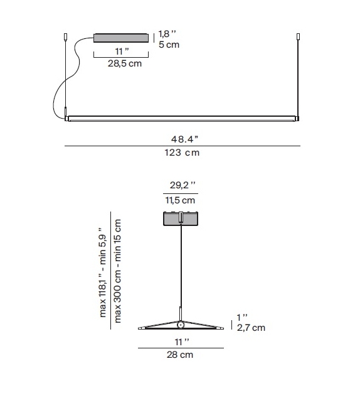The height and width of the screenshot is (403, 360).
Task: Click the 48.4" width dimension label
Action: click(183, 139)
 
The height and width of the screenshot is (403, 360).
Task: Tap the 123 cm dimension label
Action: click(183, 153)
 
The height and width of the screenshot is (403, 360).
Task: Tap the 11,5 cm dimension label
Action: click(181, 201)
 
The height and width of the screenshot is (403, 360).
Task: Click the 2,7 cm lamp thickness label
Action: click(251, 328)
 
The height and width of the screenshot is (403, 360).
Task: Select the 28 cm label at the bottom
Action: click(181, 355)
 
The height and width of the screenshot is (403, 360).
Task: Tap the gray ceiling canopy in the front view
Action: click(122, 38)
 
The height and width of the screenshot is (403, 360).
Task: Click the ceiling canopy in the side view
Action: click(181, 220)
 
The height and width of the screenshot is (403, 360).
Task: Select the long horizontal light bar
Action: click(183, 117)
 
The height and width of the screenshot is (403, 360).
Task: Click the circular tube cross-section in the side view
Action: click(181, 325)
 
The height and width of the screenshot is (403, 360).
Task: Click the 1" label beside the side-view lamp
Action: click(242, 317)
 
